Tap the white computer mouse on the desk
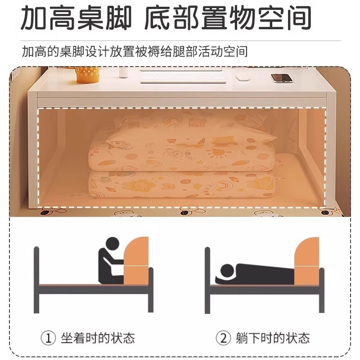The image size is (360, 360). [x=243, y=76]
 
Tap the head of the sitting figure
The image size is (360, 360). [x=112, y=245]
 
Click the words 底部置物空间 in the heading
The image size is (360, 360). [x=228, y=19]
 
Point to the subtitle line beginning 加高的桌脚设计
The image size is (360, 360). [x=135, y=51]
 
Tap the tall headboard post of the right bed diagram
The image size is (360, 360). [x=207, y=279]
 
